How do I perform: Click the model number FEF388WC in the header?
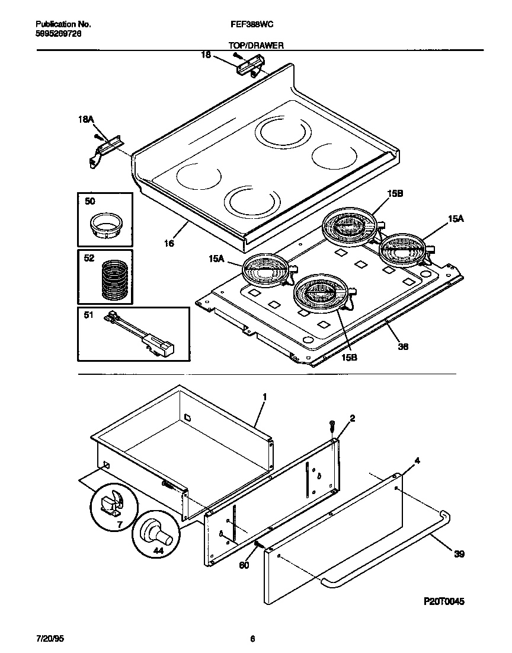pyautogui.click(x=251, y=24)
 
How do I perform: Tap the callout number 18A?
pyautogui.click(x=86, y=120)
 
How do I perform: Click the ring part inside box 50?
pyautogui.click(x=105, y=226)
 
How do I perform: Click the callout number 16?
pyautogui.click(x=169, y=243)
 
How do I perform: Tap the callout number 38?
pyautogui.click(x=403, y=346)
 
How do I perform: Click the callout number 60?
pyautogui.click(x=244, y=565)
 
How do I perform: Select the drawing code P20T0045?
pyautogui.click(x=444, y=601)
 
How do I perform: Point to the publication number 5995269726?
pyautogui.click(x=59, y=34)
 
